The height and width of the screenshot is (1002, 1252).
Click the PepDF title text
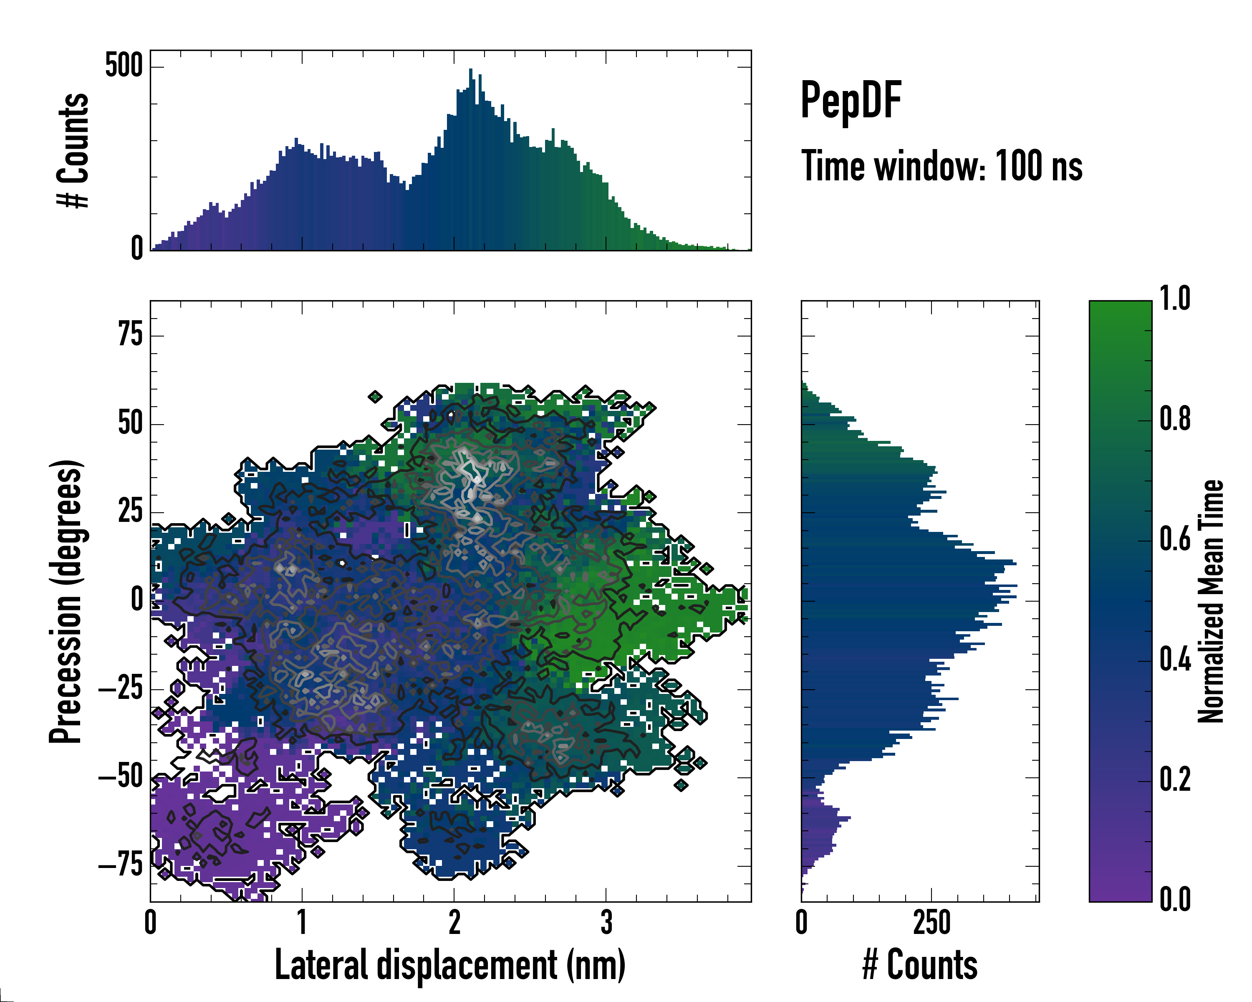[x=850, y=101]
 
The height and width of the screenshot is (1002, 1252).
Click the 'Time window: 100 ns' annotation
[x=942, y=166]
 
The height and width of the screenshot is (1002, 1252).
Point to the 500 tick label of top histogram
[x=124, y=65]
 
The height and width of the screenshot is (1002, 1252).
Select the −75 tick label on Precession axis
[x=121, y=865]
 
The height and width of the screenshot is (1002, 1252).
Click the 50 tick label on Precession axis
[x=130, y=423]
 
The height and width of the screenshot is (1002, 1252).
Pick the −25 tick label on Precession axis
[x=121, y=688]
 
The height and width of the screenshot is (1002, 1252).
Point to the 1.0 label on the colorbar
[x=1175, y=299]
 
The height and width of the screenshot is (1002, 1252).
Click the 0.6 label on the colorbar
[x=1175, y=539]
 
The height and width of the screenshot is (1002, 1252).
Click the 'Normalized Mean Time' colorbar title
[x=1211, y=601]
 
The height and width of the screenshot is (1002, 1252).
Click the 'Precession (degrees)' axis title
[x=66, y=601]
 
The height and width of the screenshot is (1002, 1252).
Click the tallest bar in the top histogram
[x=471, y=160]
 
